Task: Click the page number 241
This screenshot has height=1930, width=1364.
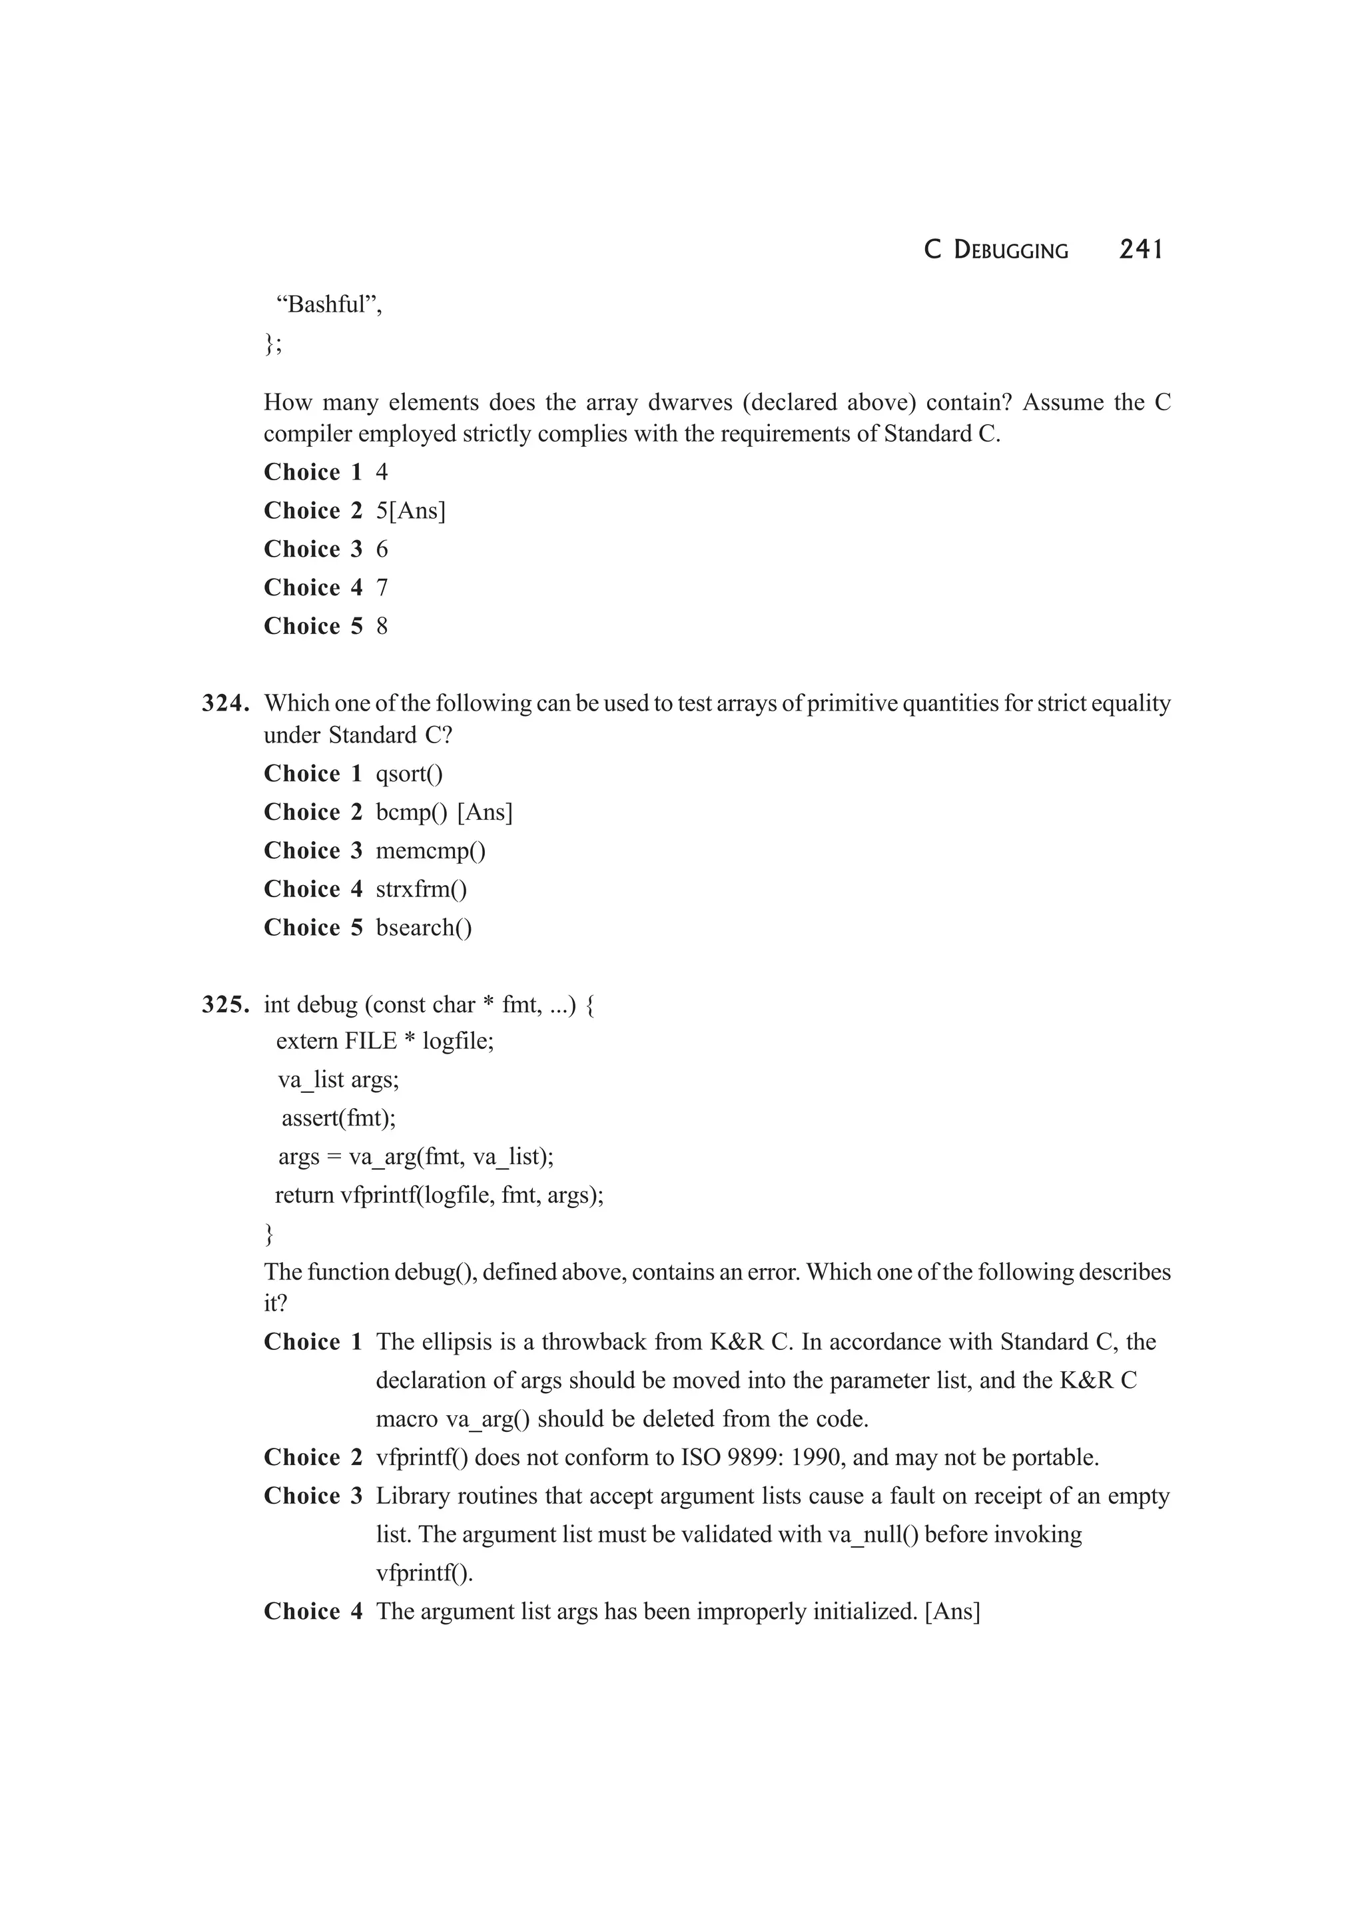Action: coord(1140,250)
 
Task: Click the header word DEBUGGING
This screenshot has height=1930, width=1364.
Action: coord(1011,250)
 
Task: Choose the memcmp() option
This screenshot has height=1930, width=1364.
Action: coord(430,850)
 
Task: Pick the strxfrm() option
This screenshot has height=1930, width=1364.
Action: coord(421,889)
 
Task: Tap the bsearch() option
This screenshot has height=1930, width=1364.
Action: coord(424,928)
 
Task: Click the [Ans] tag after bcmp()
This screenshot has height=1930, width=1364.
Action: coord(484,813)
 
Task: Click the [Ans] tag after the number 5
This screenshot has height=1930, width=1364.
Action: coord(417,511)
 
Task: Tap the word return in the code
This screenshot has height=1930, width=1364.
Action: coord(304,1195)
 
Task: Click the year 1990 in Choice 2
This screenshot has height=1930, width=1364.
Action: coord(819,1458)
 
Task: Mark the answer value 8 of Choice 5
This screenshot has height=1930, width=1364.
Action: coord(382,626)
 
